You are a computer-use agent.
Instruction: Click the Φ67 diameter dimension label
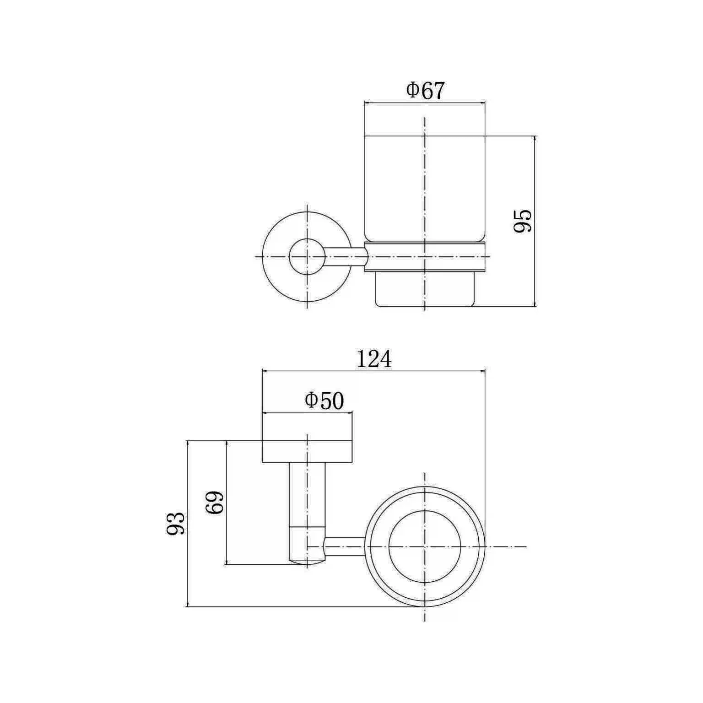pos(425,91)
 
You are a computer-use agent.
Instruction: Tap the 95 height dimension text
pos(522,221)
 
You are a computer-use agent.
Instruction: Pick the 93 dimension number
pos(175,524)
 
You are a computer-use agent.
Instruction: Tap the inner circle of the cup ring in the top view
pos(425,546)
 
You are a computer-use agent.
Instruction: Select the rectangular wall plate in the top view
pos(307,451)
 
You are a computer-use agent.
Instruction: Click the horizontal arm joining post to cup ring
pos(345,546)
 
